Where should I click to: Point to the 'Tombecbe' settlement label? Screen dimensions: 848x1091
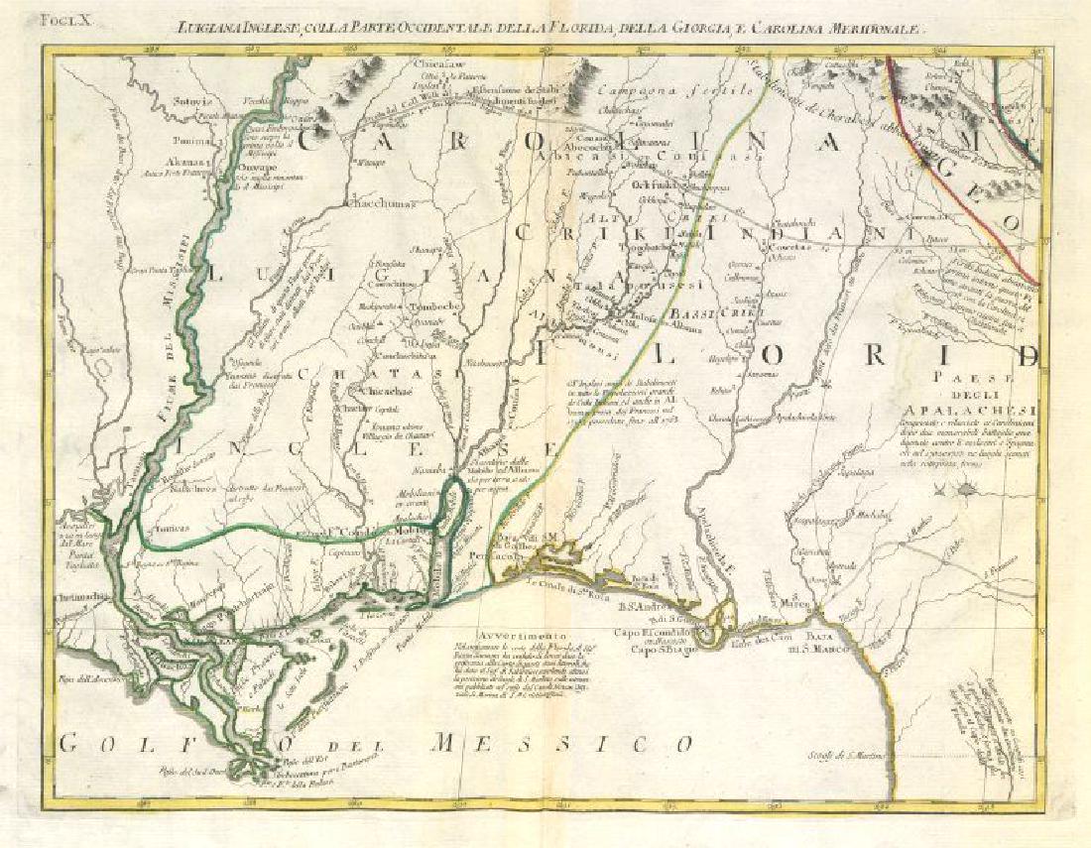[431, 306]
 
